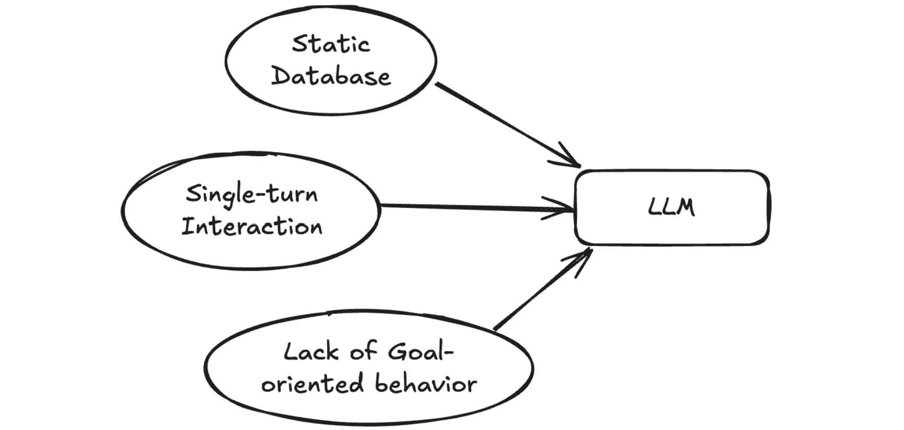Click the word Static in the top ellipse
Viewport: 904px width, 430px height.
point(331,44)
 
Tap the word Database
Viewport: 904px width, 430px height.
point(331,77)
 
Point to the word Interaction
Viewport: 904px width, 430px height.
point(252,227)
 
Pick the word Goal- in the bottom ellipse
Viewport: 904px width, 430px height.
point(421,352)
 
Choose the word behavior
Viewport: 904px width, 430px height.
point(425,384)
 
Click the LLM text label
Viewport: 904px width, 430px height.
point(671,207)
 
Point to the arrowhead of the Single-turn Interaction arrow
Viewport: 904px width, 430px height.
point(564,208)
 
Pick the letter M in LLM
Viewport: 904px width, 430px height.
point(686,207)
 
